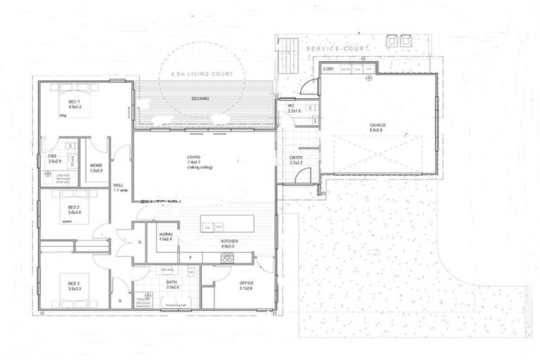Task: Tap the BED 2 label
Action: coord(74,209)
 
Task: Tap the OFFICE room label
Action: coord(246,284)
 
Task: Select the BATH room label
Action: coord(172,283)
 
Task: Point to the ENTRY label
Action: coord(296,159)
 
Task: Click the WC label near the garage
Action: coord(292,108)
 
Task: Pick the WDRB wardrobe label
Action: coord(96,167)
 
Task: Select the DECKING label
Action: coord(200,98)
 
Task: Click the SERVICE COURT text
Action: coord(338,49)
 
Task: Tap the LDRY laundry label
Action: coord(328,69)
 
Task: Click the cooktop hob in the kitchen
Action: coord(227,258)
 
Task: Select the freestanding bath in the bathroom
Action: coord(174,304)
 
